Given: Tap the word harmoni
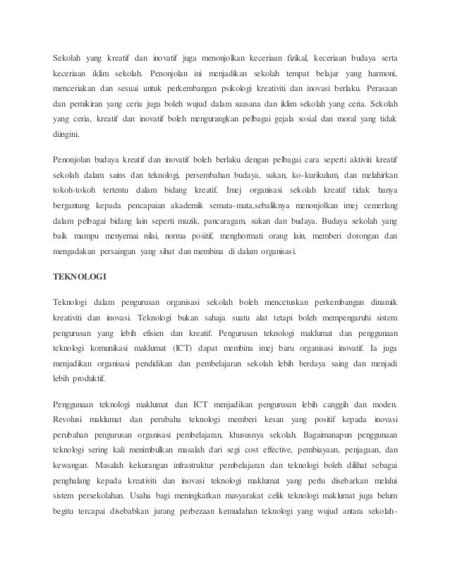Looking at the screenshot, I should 378,74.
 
